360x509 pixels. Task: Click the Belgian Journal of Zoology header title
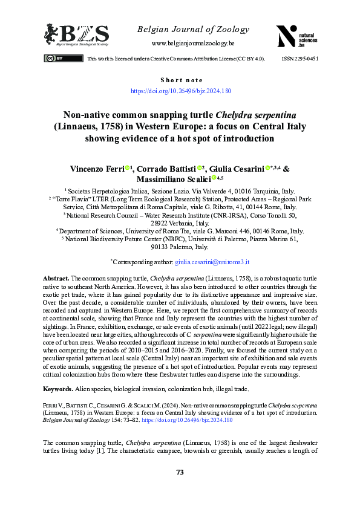point(193,29)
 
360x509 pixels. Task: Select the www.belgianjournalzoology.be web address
point(193,44)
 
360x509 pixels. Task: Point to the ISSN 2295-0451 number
point(300,59)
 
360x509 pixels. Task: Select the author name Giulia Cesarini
point(237,169)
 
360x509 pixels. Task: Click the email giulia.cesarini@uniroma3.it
point(212,279)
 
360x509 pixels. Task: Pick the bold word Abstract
point(56,294)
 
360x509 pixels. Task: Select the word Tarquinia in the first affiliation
point(266,190)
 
